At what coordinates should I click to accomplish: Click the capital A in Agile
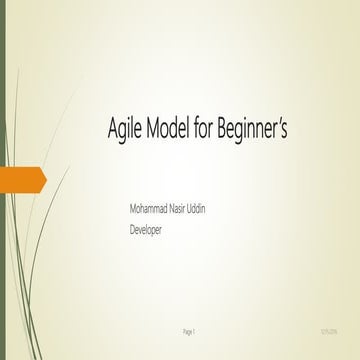click(x=110, y=129)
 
